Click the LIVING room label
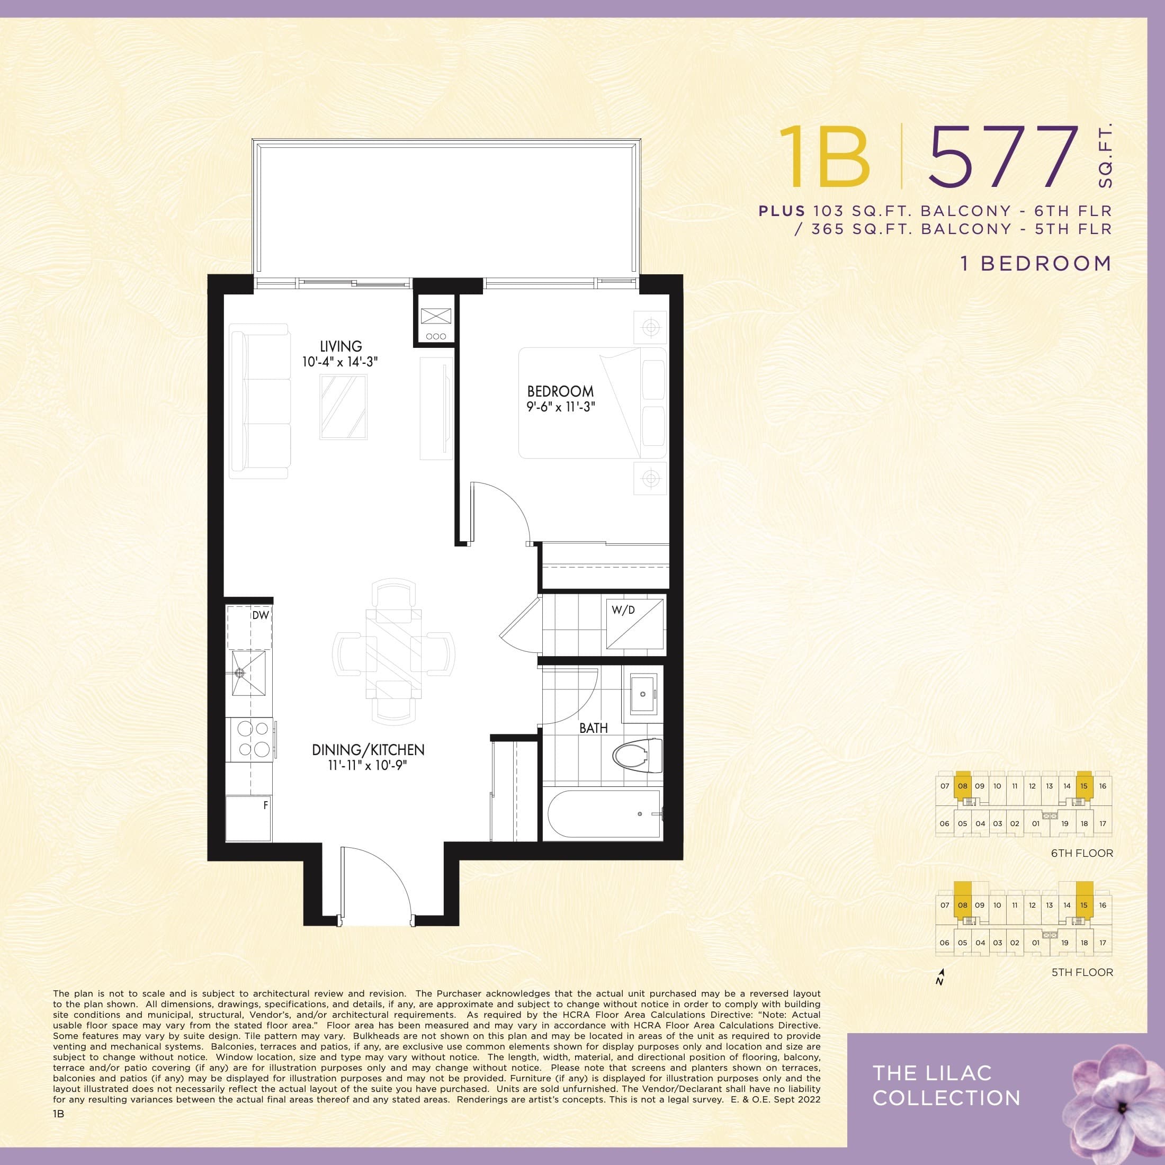340,346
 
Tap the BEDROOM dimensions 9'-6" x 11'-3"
560,407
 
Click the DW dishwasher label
260,615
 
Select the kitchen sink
248,673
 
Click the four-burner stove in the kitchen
252,739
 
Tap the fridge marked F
248,818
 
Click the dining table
393,651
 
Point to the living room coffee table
344,407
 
